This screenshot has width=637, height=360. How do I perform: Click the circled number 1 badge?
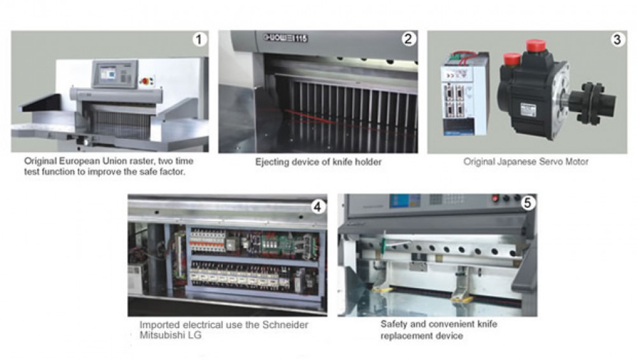pos(199,40)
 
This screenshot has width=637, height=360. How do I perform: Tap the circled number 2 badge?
pos(408,39)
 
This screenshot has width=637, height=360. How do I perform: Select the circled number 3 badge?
pos(617,40)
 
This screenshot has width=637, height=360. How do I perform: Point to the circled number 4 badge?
pos(318,207)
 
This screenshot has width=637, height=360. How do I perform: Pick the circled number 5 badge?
pos(527,203)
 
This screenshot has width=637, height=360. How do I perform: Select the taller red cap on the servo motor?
pos(536,45)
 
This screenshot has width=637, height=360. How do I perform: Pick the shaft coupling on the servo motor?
pos(592,103)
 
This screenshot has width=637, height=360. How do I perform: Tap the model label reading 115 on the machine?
pos(301,39)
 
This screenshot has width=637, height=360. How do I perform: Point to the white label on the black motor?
pos(527,110)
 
